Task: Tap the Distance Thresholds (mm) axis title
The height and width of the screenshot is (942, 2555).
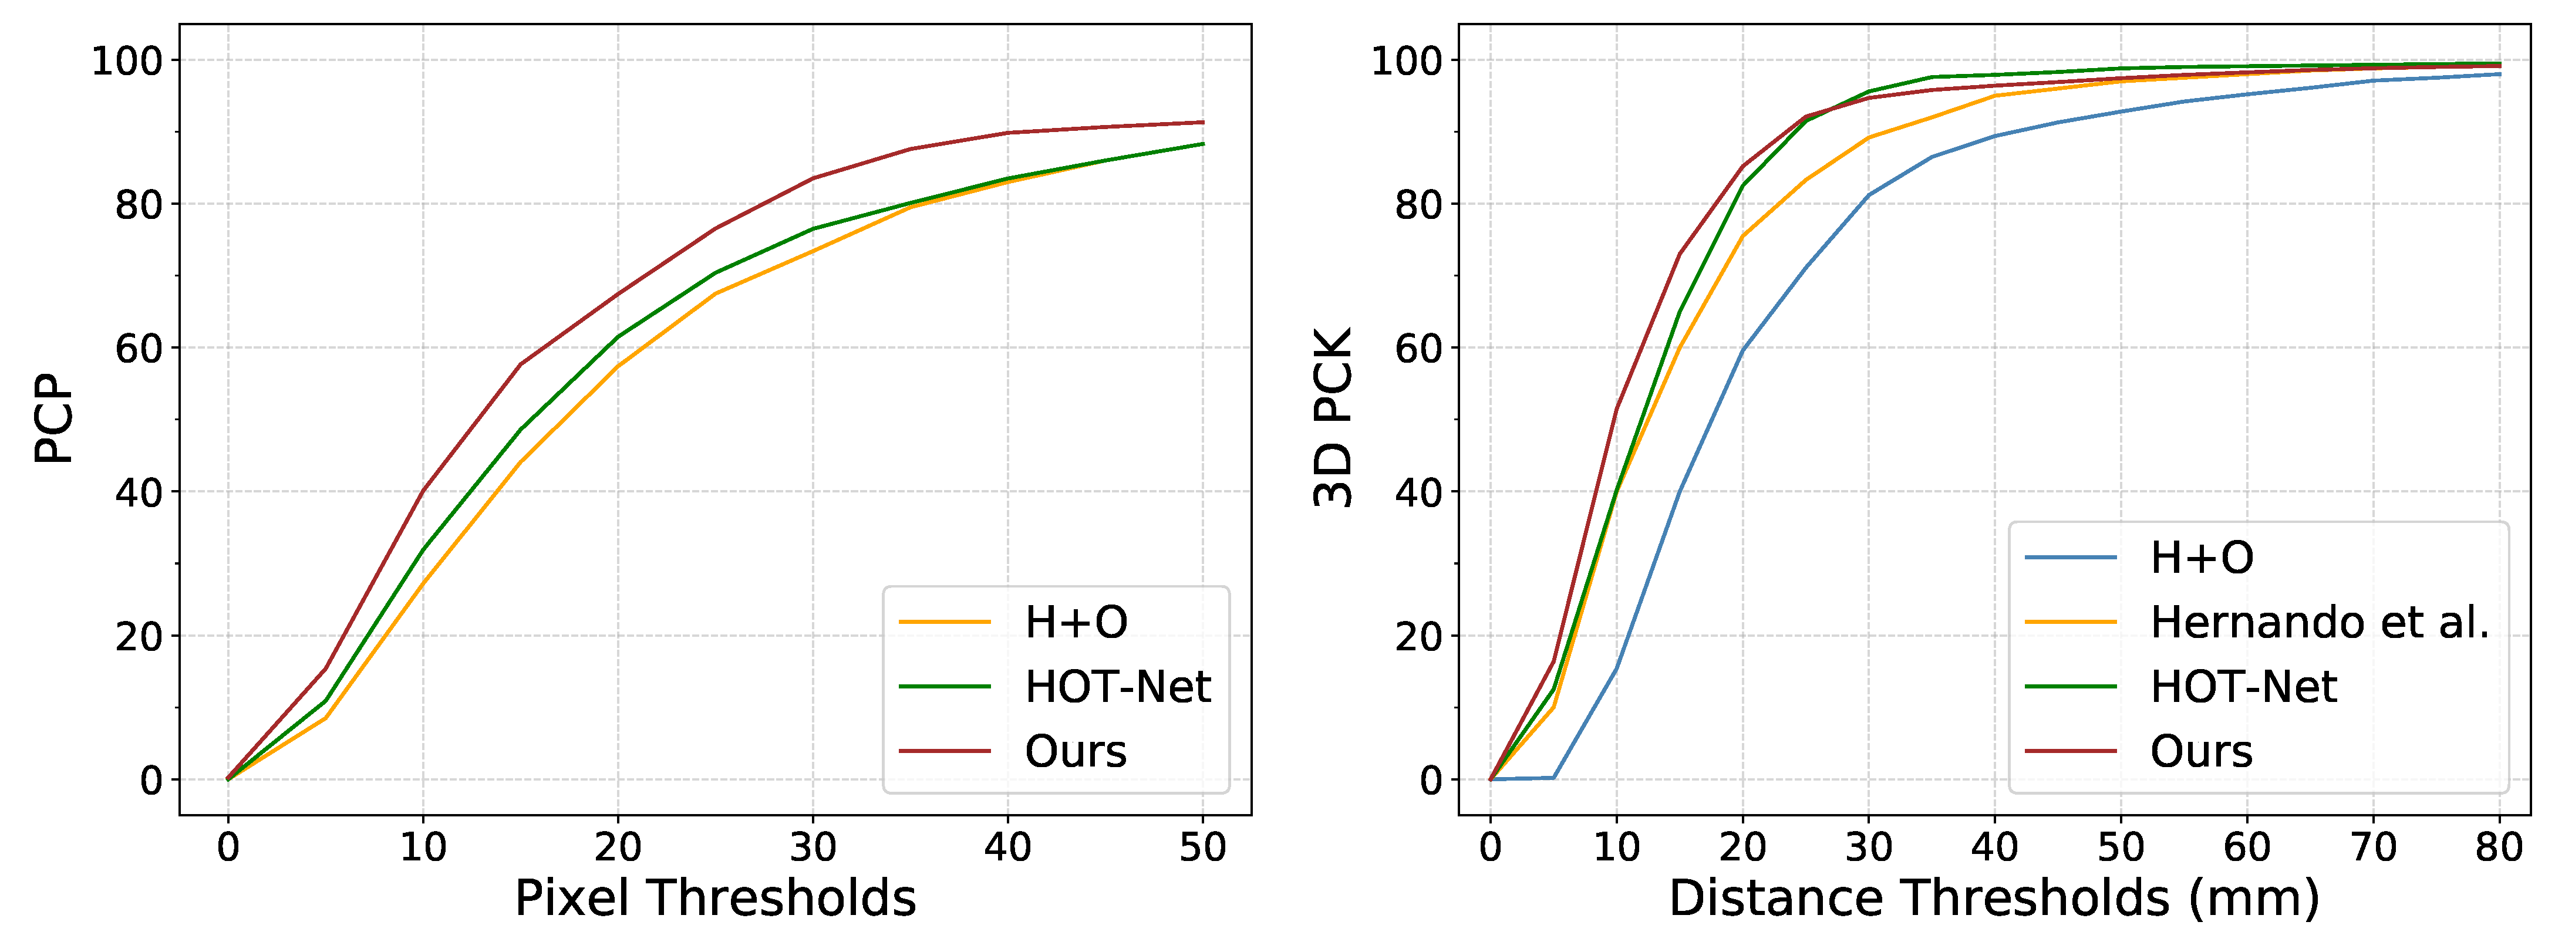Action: point(1994,899)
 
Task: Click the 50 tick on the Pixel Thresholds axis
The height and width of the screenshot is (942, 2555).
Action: point(1203,848)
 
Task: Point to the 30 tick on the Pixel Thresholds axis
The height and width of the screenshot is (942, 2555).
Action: point(813,848)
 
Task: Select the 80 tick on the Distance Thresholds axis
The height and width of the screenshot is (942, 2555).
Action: point(2499,848)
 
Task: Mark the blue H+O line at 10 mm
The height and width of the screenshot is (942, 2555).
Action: point(1617,669)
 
